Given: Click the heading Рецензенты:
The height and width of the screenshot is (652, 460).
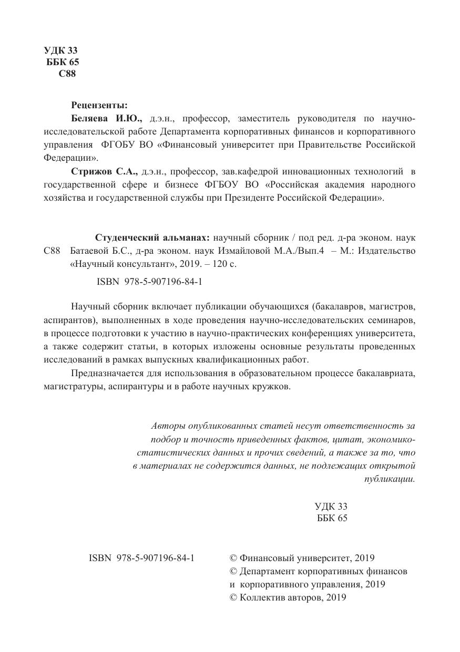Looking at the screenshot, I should click(99, 105).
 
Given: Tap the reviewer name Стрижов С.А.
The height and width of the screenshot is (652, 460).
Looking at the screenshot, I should click(104, 171).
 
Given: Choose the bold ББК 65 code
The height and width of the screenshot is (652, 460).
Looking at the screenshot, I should click(63, 62).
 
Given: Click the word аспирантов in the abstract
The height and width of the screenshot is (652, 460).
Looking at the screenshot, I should click(66, 320).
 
